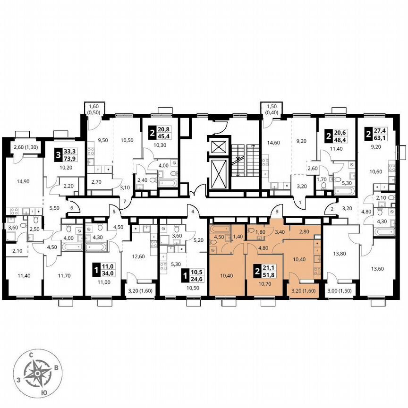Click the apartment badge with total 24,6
(188, 275)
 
